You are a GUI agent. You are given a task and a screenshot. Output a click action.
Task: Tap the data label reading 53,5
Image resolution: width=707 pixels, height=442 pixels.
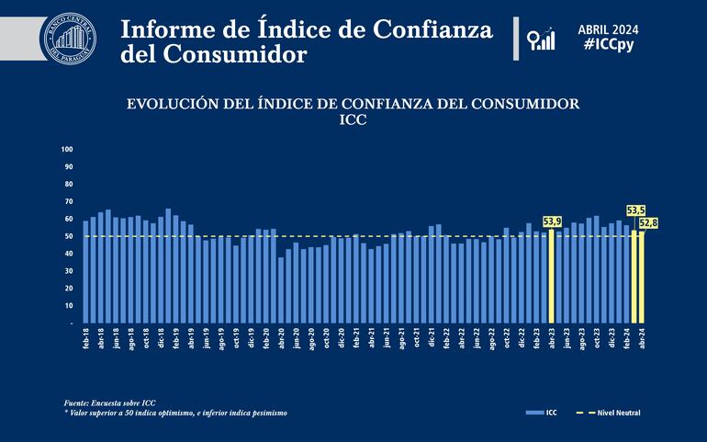click(635, 210)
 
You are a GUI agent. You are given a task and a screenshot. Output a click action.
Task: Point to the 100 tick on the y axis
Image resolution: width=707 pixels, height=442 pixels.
click(67, 149)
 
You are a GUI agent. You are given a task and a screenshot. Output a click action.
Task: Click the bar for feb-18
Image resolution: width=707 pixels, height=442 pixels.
click(85, 272)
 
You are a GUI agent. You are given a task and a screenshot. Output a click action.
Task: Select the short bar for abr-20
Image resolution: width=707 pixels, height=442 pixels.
click(281, 290)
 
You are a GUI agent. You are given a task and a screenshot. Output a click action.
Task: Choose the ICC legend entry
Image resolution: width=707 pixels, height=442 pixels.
click(544, 413)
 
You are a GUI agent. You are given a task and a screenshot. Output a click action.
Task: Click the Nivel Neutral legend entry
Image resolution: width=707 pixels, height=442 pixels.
click(614, 413)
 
